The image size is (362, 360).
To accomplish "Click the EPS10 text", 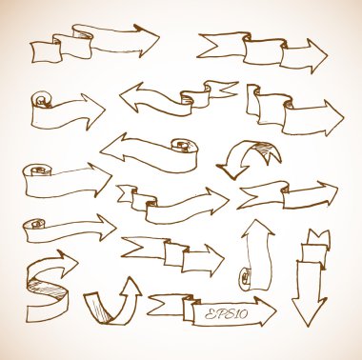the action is tap(226, 314).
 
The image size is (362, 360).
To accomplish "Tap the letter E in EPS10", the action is tap(210, 314).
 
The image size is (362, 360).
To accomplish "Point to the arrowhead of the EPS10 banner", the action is tap(264, 311).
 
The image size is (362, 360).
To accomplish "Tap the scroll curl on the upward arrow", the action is tap(245, 278).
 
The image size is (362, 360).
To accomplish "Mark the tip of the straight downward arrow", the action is tap(308, 326).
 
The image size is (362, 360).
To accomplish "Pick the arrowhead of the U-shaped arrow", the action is tap(129, 288).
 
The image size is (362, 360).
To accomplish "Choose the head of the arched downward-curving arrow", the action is tap(232, 170).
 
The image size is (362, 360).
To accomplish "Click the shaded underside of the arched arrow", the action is tap(265, 149).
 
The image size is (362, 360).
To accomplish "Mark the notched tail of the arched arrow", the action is tap(271, 155).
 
